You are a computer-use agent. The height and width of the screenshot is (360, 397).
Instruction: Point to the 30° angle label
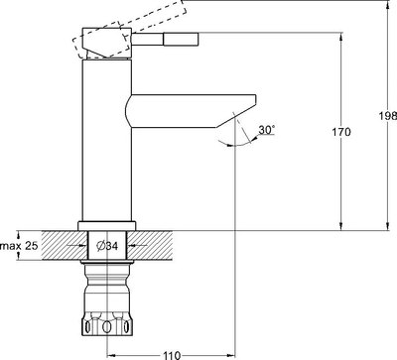(266, 130)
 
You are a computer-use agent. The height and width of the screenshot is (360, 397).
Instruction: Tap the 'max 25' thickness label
(19, 244)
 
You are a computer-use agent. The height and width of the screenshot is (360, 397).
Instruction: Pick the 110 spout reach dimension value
(170, 352)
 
